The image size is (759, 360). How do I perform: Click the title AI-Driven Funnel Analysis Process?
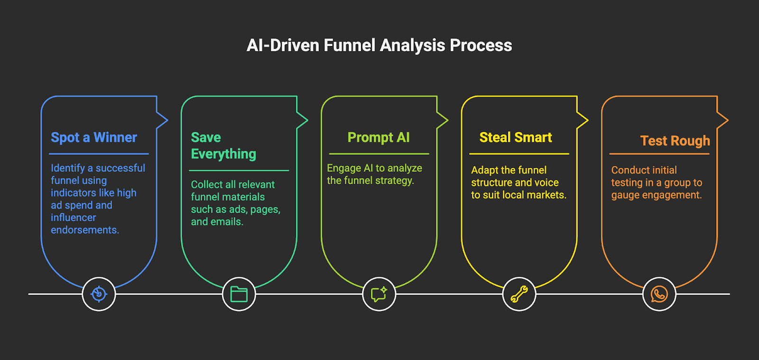coord(379,46)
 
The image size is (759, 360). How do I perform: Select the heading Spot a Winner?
coord(94,138)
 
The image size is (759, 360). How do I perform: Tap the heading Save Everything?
coord(223,146)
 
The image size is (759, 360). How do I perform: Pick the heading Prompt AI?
coord(379,138)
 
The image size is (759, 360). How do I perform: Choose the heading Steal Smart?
coord(516,138)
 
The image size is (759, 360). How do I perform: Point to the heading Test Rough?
coord(675,141)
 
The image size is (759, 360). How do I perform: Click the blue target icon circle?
coord(99,294)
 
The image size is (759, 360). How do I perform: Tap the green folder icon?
coord(239,294)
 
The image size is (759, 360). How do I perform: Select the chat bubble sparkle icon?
coord(379,294)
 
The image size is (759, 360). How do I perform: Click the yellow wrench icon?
coord(519,294)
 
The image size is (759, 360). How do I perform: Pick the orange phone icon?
coord(659,294)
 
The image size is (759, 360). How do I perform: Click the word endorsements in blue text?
coord(85,230)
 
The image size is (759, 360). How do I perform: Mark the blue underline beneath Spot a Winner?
coord(99,154)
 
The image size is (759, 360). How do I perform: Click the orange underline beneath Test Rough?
coord(659,154)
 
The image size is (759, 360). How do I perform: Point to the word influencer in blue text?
coord(73,217)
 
